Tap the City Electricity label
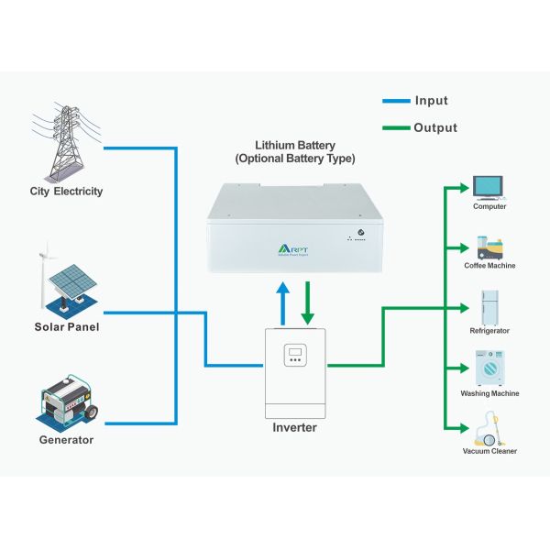[x=66, y=192]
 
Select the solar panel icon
[x=65, y=280]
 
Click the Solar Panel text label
[x=66, y=326]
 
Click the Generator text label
[x=66, y=440]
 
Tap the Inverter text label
[x=295, y=428]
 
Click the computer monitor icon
[x=489, y=186]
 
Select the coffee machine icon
[x=489, y=247]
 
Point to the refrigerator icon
[x=489, y=308]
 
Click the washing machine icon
[x=489, y=368]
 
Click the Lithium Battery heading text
[x=294, y=151]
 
